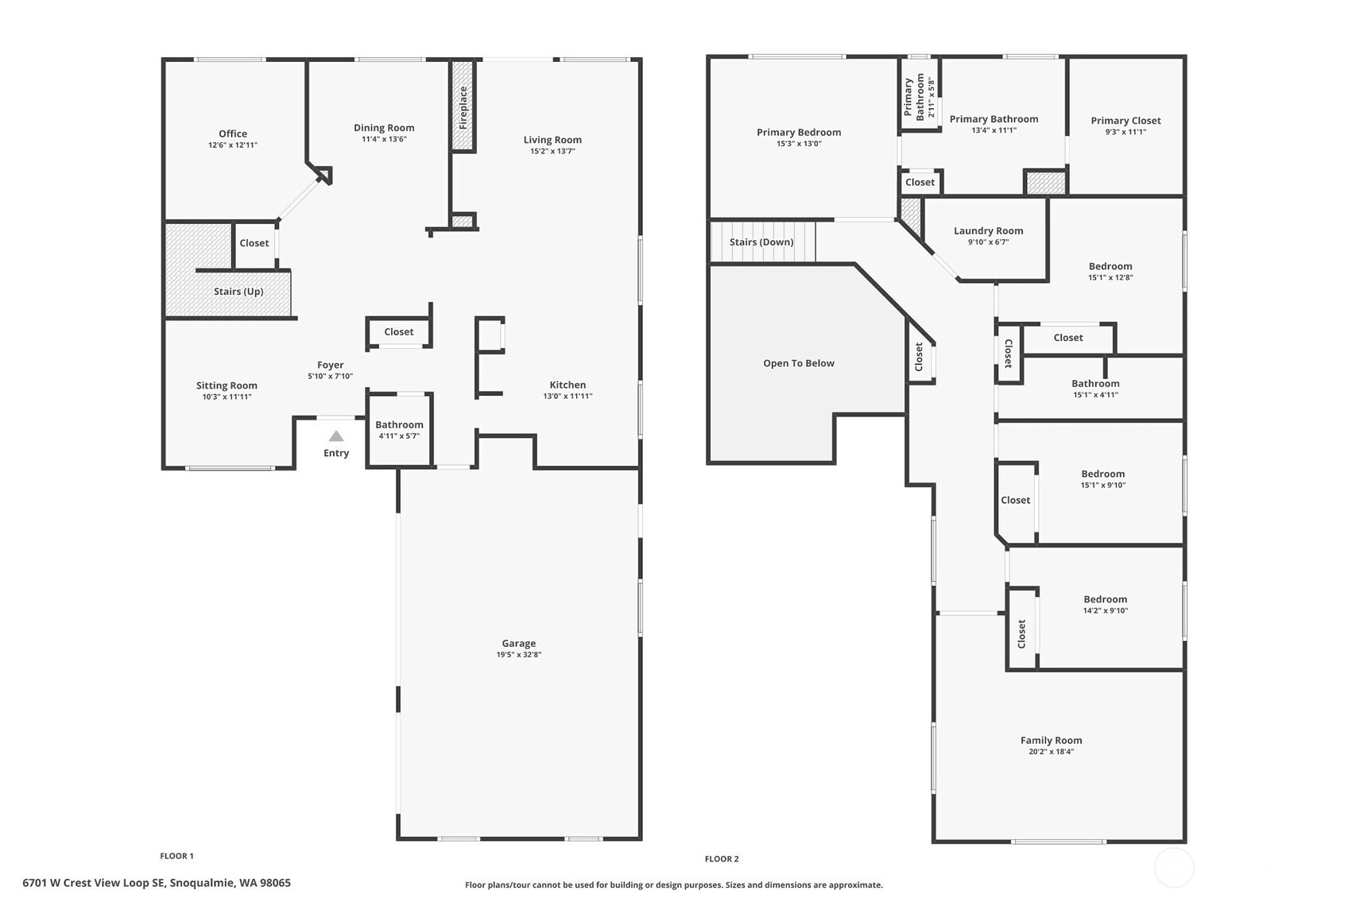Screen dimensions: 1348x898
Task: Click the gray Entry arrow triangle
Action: click(335, 436)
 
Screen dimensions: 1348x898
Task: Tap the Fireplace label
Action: click(463, 108)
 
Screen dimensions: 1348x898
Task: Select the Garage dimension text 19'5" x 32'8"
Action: click(519, 654)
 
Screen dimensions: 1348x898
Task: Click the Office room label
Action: click(233, 134)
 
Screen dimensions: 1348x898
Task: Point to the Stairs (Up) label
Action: click(238, 292)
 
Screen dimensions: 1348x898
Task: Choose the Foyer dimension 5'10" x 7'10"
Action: click(331, 376)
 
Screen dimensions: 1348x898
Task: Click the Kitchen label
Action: click(567, 385)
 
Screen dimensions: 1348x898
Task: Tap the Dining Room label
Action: click(384, 128)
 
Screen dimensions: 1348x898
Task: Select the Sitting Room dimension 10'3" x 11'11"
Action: click(227, 397)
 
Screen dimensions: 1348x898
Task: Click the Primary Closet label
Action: click(1126, 120)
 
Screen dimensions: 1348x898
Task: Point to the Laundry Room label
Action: click(988, 230)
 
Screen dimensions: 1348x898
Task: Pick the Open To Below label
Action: click(799, 363)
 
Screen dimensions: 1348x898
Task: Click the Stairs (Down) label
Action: click(761, 242)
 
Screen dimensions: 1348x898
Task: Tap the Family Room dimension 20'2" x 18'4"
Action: click(1052, 751)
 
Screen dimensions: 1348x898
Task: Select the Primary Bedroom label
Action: click(799, 133)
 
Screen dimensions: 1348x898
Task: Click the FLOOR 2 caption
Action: click(722, 859)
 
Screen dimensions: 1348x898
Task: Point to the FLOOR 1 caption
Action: click(177, 856)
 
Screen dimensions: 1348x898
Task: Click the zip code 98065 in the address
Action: click(275, 883)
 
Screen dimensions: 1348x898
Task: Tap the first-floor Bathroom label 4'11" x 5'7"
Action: click(399, 424)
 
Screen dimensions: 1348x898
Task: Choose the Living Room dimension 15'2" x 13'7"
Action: click(552, 151)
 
